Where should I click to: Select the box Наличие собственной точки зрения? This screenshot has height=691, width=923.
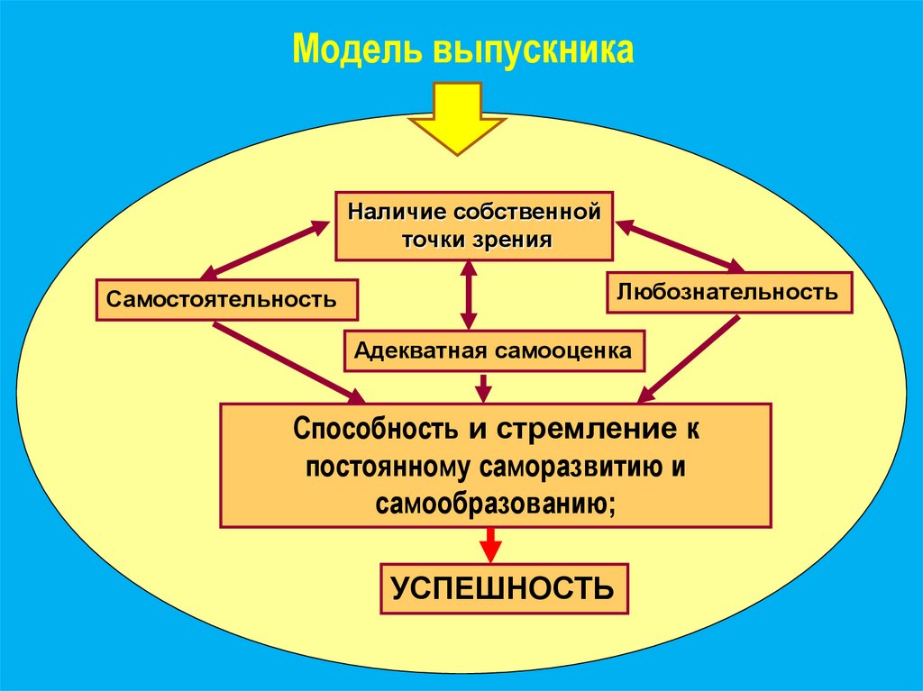(x=474, y=226)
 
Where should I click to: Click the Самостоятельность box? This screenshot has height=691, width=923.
(x=226, y=299)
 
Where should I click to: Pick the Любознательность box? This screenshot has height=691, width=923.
(x=728, y=292)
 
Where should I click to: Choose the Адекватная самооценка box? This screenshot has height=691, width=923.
(x=494, y=350)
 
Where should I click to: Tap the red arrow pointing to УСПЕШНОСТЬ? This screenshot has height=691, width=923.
(x=490, y=544)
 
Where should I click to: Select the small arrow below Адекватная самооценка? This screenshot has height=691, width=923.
(x=484, y=386)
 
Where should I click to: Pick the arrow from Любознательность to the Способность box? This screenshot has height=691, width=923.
(x=690, y=359)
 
